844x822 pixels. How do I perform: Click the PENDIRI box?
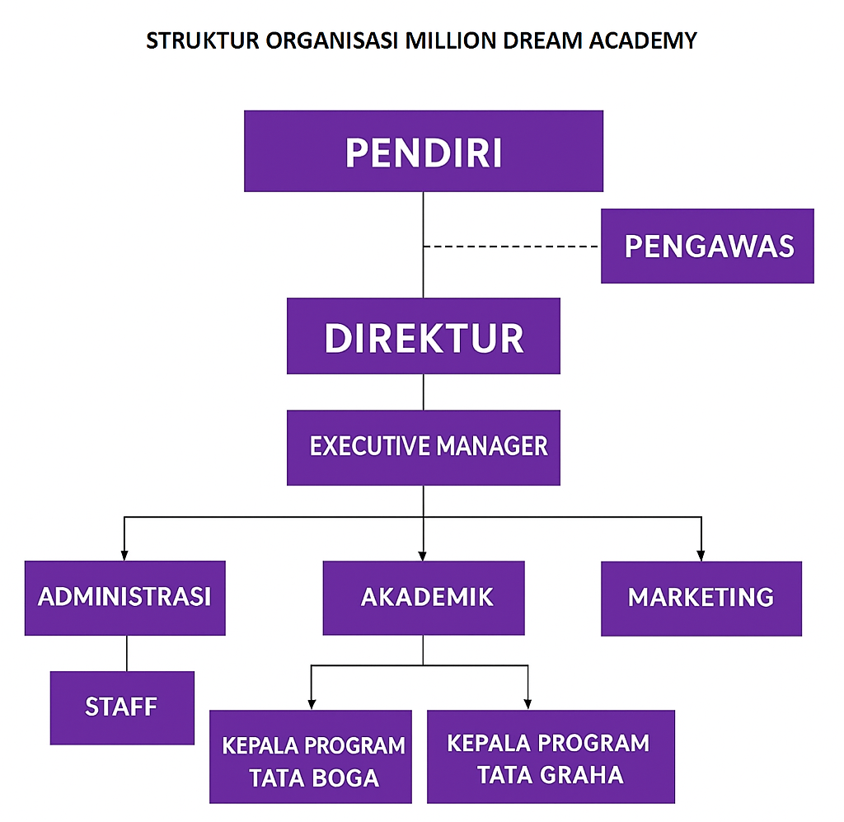pyautogui.click(x=424, y=152)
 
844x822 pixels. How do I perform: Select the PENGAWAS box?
pyautogui.click(x=707, y=246)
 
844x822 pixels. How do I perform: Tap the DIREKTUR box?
pyautogui.click(x=424, y=336)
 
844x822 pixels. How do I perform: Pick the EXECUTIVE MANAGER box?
pyautogui.click(x=424, y=447)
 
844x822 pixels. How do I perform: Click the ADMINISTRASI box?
pyautogui.click(x=124, y=598)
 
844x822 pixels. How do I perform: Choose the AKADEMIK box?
pyautogui.click(x=424, y=598)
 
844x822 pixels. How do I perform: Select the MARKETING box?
pyautogui.click(x=701, y=598)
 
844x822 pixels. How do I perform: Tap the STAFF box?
pyautogui.click(x=122, y=707)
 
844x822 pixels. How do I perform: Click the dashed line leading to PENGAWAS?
pyautogui.click(x=511, y=247)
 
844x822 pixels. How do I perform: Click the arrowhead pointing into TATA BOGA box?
pyautogui.click(x=311, y=704)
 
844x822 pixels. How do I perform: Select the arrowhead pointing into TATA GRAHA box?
pyautogui.click(x=527, y=704)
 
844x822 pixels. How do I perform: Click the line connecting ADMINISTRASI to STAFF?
pyautogui.click(x=126, y=653)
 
